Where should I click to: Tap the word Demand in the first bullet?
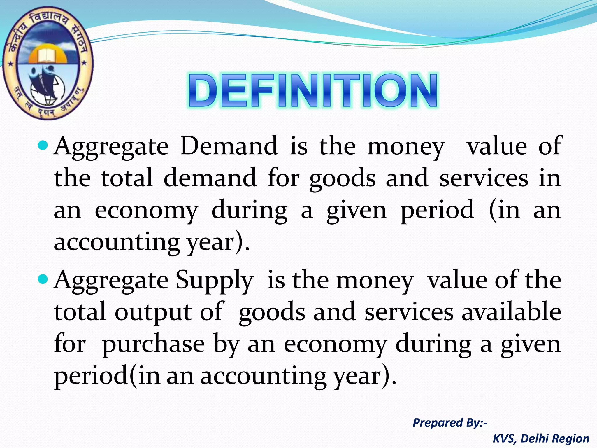(x=229, y=146)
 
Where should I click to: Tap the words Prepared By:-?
(x=450, y=423)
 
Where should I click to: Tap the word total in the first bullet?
(x=127, y=178)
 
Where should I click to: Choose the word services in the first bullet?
(x=484, y=178)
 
